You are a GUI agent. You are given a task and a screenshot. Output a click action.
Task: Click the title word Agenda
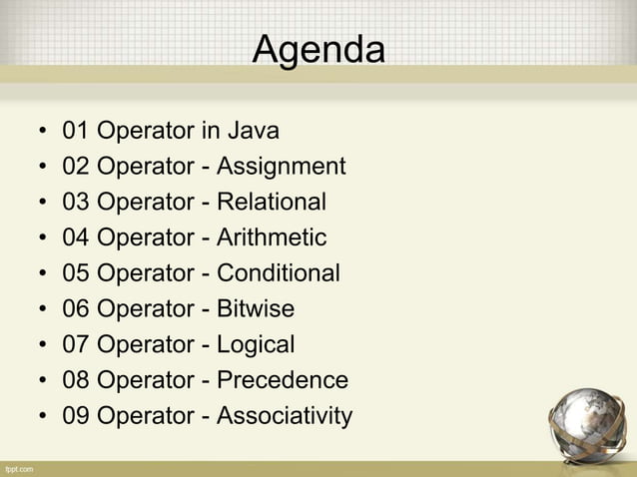point(318,47)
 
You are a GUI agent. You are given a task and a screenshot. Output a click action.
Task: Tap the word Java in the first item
point(254,131)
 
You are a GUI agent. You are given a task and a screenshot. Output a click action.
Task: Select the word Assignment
point(281,167)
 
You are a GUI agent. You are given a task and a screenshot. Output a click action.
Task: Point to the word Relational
point(272,203)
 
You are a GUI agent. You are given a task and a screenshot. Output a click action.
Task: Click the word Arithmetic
point(272,238)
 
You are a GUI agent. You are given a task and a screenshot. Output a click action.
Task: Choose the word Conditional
point(279,273)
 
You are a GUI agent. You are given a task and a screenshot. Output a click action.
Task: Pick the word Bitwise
point(256,309)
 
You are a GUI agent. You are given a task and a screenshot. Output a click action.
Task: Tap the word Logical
point(256,345)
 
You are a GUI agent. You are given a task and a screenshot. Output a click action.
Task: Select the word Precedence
point(283,380)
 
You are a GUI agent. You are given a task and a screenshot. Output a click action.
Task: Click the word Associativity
point(285,416)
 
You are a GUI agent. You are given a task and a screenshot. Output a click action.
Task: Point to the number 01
point(75,131)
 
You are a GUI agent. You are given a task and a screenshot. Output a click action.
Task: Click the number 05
point(75,273)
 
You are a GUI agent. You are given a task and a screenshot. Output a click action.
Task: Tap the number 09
point(75,416)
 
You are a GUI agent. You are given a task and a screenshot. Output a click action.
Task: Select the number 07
point(75,345)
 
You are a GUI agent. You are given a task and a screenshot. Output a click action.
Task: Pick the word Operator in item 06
point(145,309)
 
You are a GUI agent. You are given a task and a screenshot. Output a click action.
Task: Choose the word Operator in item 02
point(145,167)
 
